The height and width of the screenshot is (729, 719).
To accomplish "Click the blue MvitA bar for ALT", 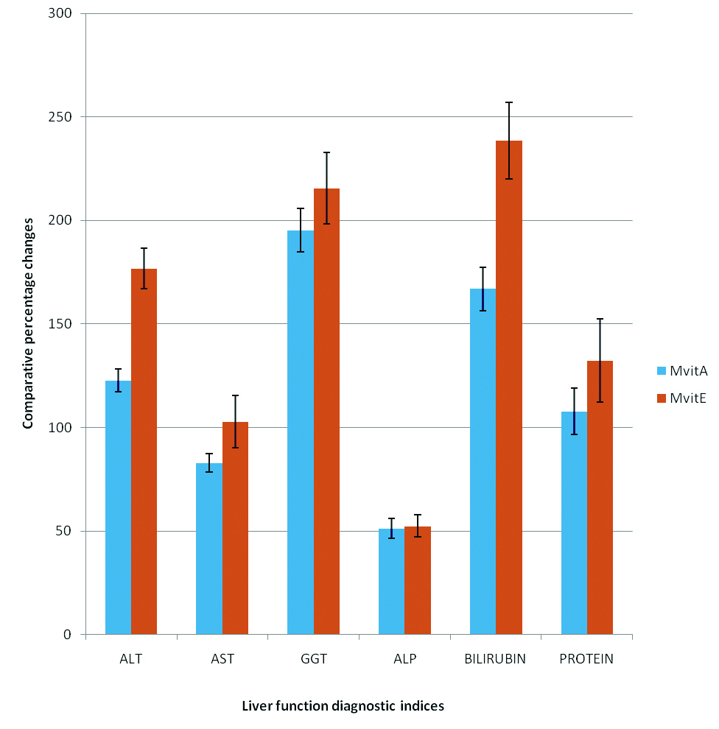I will pos(118,507).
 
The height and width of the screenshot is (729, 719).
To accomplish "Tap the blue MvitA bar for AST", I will pos(209,549).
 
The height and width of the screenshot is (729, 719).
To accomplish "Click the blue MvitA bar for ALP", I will pos(391,581).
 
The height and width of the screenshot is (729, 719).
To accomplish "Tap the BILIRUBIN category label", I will pos(495,659).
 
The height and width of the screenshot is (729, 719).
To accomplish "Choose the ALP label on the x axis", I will pos(404,659).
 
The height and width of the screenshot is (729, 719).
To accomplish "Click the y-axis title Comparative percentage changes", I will pos(28,323).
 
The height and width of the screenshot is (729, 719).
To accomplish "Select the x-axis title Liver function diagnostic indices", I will pos(343,706).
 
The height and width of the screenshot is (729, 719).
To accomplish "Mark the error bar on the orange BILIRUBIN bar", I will pos(509,140).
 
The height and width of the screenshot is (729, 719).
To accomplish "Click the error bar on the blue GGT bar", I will pos(300,230).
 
